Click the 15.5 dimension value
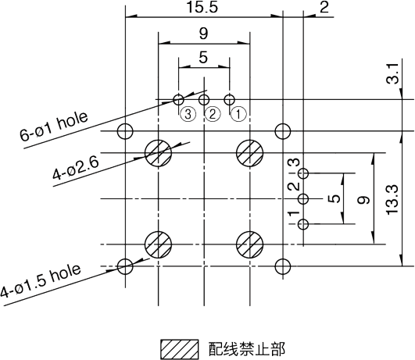click(202, 7)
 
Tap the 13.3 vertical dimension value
click(392, 199)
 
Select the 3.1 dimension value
click(392, 73)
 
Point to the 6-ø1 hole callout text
click(54, 127)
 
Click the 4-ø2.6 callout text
click(76, 168)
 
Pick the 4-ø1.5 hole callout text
click(40, 280)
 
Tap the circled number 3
click(188, 115)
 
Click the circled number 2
click(213, 115)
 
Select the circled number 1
click(238, 115)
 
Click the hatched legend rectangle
click(180, 349)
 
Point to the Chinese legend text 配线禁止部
click(247, 349)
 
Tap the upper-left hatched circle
click(159, 153)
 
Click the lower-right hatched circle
click(249, 244)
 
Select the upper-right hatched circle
click(249, 153)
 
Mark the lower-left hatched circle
click(159, 244)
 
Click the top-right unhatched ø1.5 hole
click(283, 131)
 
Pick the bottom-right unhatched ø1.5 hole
click(283, 266)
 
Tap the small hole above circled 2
click(204, 100)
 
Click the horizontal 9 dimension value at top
click(203, 34)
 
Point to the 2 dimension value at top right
click(324, 7)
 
